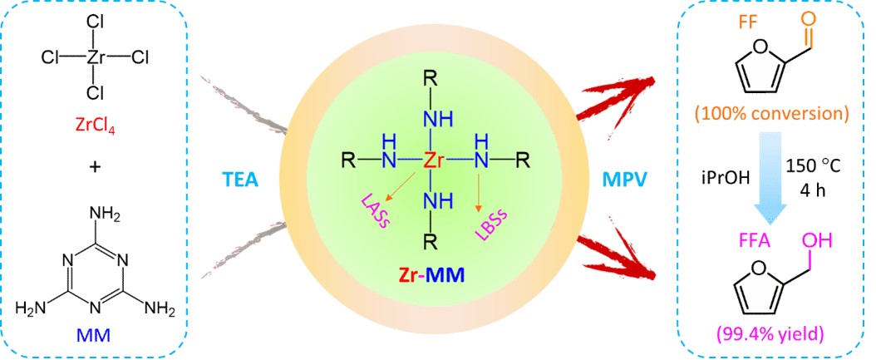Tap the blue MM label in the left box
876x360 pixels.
tap(92, 336)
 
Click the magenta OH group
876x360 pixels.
tap(814, 242)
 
